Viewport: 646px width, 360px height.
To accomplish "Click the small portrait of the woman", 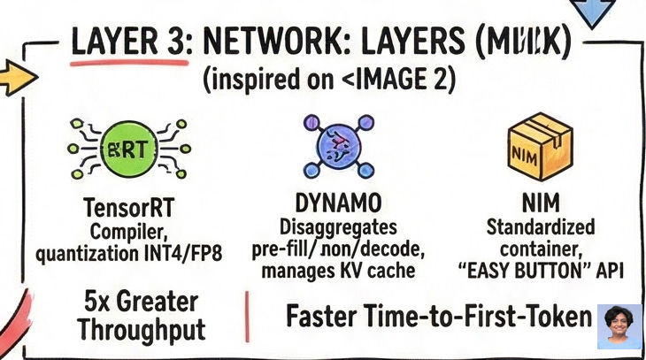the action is (619, 326).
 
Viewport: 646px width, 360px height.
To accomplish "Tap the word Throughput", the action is (141, 330).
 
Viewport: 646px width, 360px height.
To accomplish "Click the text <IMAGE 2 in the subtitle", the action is (396, 81).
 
